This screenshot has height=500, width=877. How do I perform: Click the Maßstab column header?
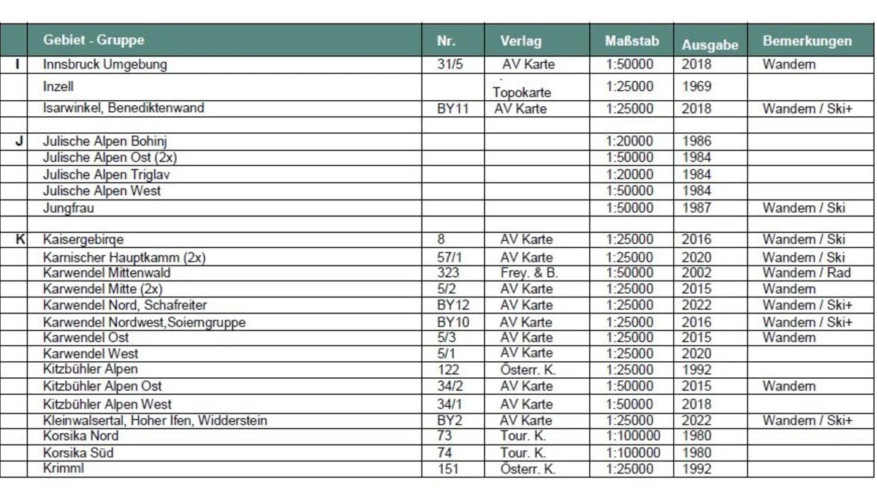(631, 41)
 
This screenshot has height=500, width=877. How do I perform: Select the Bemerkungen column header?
(807, 41)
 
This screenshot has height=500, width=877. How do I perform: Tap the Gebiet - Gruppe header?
(94, 40)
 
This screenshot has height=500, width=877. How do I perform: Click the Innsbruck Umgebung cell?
(105, 64)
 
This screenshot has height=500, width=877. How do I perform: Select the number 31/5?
(450, 64)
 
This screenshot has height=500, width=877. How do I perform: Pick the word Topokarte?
(522, 93)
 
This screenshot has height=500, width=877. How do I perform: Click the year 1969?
(696, 86)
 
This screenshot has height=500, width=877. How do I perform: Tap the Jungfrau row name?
(68, 208)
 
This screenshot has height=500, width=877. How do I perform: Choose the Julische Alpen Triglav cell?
(107, 175)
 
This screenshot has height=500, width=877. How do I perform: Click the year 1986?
(696, 141)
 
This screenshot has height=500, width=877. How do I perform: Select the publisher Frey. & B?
(529, 273)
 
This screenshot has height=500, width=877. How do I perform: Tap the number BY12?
(453, 305)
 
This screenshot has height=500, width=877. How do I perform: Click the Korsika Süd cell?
(78, 452)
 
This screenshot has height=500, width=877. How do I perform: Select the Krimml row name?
(63, 469)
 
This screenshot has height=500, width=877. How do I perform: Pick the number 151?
(448, 469)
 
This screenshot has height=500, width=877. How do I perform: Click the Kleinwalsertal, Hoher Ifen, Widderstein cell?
(155, 420)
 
